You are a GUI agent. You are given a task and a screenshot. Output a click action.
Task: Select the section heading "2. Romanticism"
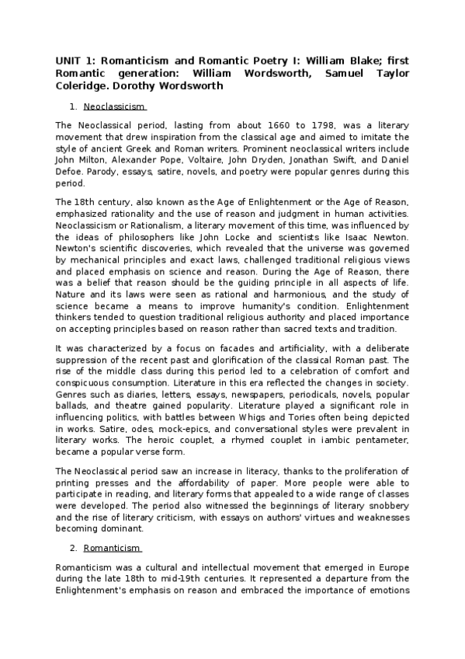pyautogui.click(x=113, y=547)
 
